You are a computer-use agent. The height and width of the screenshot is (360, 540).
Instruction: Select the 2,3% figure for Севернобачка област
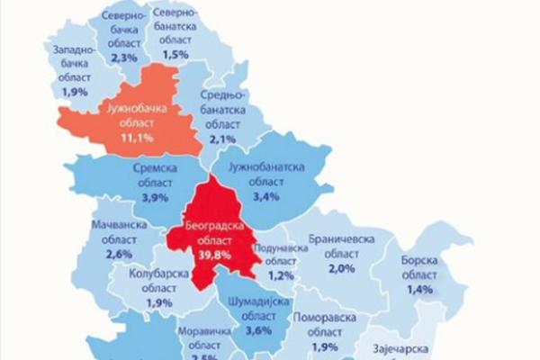123,58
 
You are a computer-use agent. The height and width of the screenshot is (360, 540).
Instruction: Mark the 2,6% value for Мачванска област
119,256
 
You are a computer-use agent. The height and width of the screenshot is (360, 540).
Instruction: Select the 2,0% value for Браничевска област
343,268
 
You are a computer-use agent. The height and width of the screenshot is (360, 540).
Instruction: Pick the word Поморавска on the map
327,318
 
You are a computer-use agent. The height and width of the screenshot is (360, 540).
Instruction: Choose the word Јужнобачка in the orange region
131,110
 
